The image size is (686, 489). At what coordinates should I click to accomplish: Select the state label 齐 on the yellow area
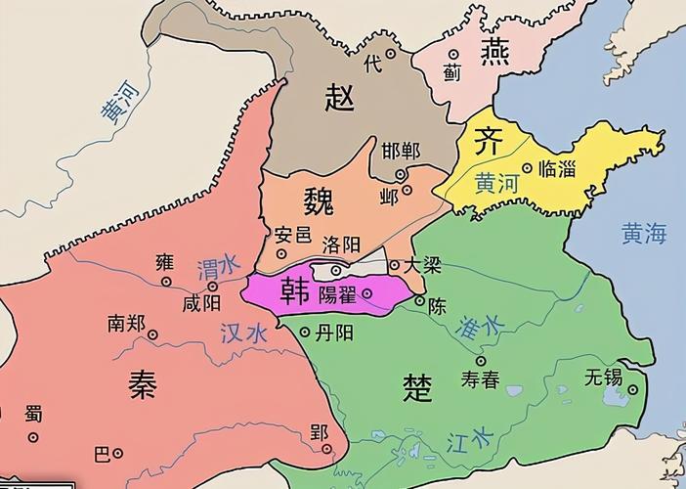[x=488, y=142]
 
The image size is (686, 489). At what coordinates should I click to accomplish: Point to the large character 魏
[x=319, y=201]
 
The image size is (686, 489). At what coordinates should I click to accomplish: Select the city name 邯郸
[x=401, y=151]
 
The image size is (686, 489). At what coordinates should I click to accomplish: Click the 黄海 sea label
[x=643, y=233]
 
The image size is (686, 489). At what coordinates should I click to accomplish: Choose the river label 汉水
[x=243, y=333]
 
